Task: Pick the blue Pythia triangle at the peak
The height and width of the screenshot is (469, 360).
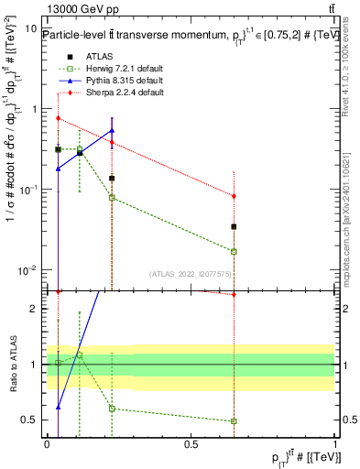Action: point(112,130)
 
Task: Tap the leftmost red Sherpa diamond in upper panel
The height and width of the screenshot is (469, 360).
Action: point(58,118)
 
